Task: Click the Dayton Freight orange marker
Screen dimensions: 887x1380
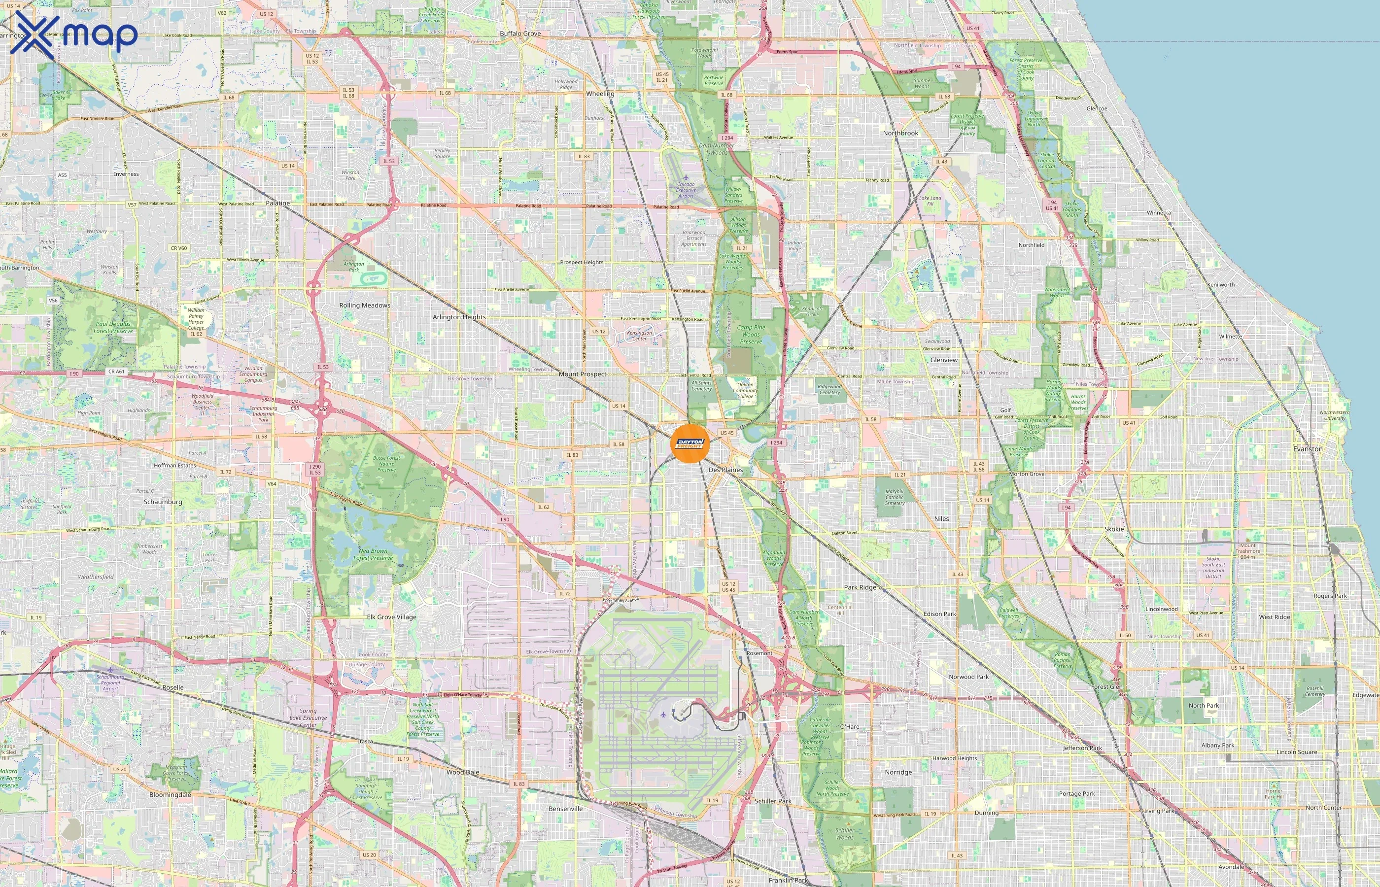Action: pos(690,443)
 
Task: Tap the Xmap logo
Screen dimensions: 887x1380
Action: pos(74,34)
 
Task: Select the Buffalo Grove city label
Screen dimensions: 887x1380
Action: pos(520,34)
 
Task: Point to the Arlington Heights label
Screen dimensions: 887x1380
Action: pos(459,317)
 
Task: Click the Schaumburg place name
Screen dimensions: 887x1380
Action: pos(163,502)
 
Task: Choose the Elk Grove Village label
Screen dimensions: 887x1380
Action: pos(392,617)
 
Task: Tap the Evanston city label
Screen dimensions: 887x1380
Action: pos(1308,449)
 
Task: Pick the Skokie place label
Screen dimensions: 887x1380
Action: pos(1114,529)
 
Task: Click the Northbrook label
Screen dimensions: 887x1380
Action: pos(901,133)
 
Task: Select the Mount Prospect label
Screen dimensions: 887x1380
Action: pos(582,374)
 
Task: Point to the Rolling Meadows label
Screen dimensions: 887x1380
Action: pos(365,305)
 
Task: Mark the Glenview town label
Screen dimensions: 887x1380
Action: pos(944,360)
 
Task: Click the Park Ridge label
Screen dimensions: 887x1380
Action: pos(860,587)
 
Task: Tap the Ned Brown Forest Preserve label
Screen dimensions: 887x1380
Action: pos(373,554)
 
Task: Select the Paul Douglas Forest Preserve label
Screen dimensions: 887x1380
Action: pos(113,327)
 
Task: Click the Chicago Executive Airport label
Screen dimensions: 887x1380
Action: pos(686,190)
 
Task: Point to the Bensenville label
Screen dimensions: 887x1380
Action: pos(566,809)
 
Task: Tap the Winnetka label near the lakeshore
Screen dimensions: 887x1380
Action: pos(1159,212)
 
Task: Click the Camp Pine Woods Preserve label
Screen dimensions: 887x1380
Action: pos(751,334)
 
